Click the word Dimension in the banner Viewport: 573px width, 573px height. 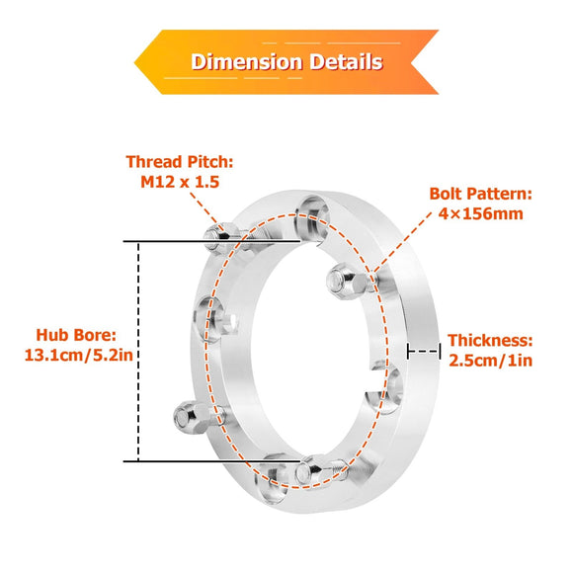point(247,61)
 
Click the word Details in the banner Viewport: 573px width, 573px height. point(344,61)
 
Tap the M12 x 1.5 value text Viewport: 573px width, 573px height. point(179,182)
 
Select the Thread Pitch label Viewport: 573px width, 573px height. point(180,161)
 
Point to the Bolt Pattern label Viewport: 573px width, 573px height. point(480,194)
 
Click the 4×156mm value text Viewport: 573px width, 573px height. point(480,213)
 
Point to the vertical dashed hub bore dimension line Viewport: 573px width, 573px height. point(138,351)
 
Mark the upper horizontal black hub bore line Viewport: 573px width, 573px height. point(217,241)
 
